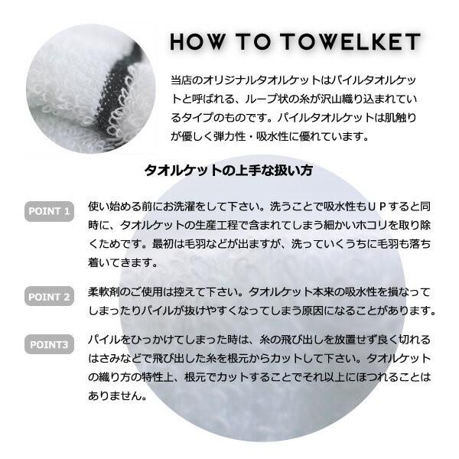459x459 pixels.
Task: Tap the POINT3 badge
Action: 49,345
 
